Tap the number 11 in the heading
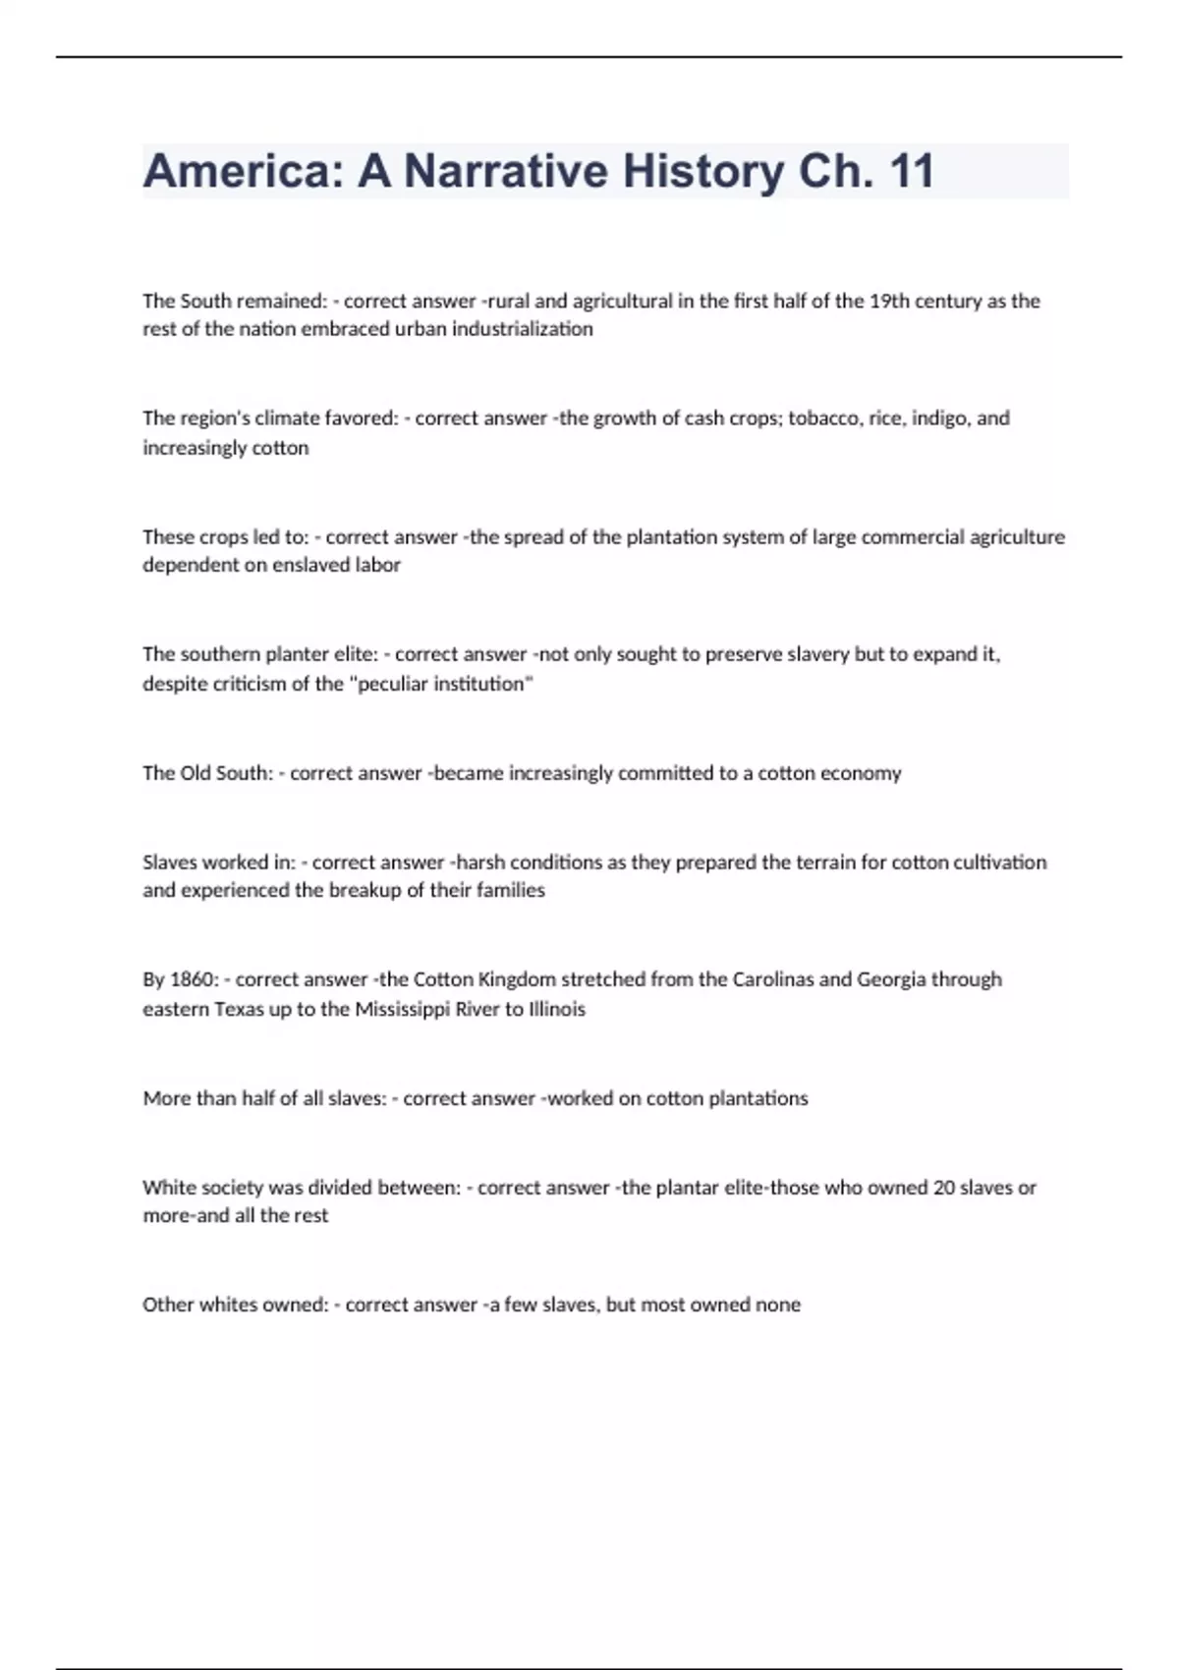910,171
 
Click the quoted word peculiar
400,684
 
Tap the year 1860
194,979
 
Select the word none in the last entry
777,1305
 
